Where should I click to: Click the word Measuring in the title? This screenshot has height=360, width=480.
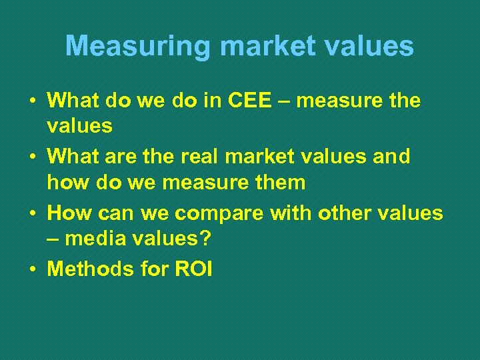coord(137,47)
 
